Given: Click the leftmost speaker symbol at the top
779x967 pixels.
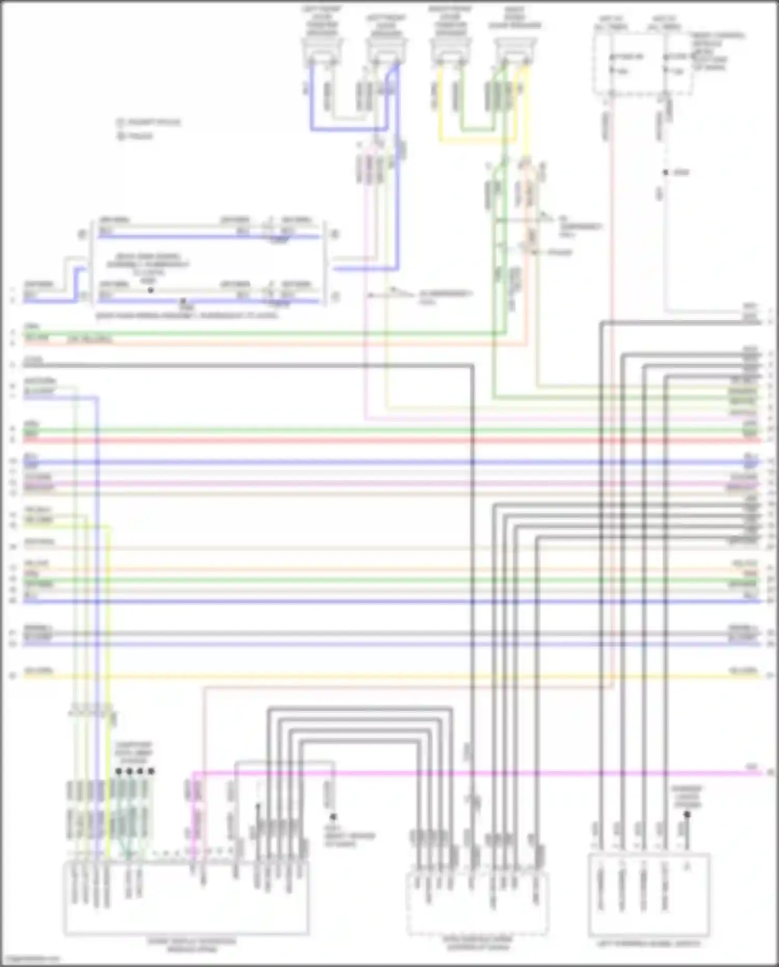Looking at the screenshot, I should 322,49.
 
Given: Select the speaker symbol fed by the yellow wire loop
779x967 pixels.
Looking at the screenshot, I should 450,49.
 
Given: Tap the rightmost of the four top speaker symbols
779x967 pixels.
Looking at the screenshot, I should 514,49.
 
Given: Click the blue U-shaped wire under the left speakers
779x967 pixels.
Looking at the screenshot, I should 348,128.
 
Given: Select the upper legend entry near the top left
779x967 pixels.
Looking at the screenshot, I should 148,123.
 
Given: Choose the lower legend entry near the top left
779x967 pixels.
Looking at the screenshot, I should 135,137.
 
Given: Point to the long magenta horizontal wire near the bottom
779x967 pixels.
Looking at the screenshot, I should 467,773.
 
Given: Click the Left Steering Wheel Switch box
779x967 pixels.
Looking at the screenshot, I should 649,894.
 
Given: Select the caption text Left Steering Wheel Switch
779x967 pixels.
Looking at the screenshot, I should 649,943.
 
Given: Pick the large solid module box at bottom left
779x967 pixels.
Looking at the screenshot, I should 185,899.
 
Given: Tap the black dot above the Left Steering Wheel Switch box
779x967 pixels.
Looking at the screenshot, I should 687,815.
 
